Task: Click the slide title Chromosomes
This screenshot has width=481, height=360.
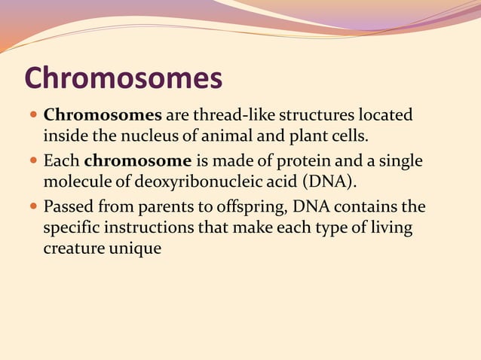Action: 124,78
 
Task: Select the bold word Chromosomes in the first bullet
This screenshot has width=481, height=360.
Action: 103,116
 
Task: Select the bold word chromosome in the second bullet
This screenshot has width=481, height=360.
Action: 138,161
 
